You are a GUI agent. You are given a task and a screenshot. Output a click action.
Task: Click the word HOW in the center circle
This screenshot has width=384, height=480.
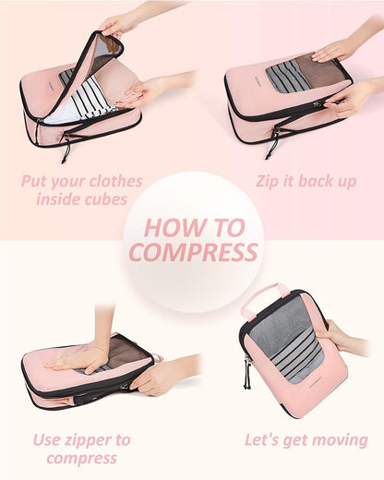tap(169, 227)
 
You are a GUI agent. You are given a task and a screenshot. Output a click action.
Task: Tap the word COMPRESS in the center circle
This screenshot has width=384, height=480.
tap(192, 252)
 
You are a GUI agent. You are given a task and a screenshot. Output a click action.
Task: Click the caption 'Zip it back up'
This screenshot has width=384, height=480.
tap(306, 181)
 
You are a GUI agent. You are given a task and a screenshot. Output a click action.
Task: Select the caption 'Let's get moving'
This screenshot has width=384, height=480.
tap(306, 439)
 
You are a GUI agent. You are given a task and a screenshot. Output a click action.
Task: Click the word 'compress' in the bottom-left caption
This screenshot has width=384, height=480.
tap(81, 458)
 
